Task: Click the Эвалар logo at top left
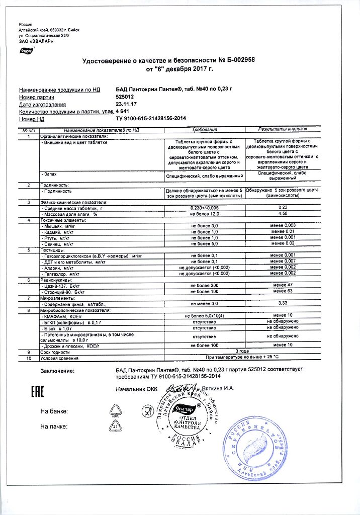tap(26, 50)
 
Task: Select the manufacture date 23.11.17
tap(126, 105)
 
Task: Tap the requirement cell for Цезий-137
tap(205, 285)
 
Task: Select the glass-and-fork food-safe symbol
tap(147, 411)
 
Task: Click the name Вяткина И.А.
tap(222, 389)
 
